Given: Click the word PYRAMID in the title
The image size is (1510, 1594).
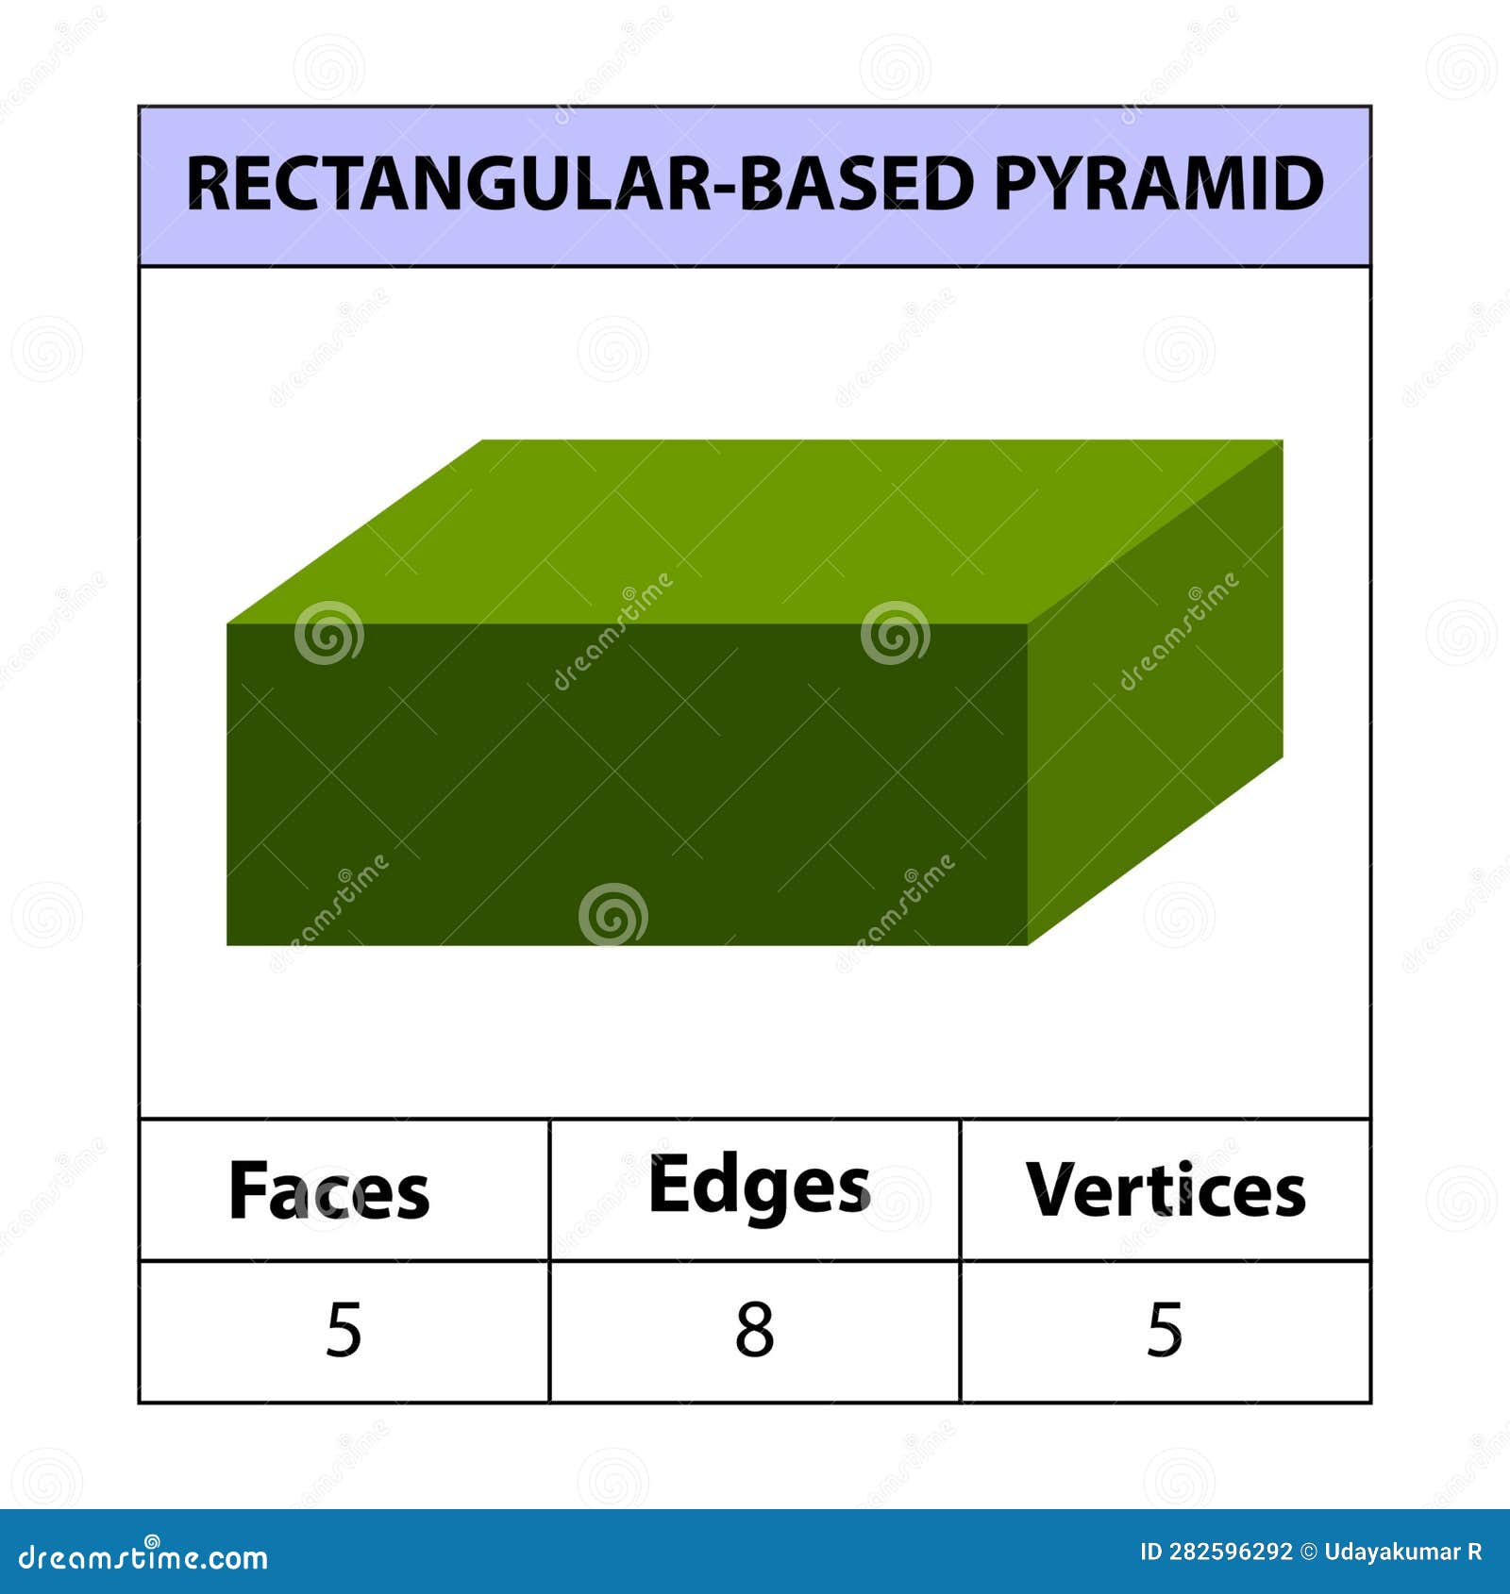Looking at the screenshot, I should pos(1159,184).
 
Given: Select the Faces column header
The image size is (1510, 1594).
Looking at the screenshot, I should pos(329,1191).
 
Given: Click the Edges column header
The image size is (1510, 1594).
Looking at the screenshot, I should pos(759,1187).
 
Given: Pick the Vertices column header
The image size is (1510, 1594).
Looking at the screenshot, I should pos(1166,1190).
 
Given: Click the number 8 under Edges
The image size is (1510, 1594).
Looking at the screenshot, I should pos(755,1331).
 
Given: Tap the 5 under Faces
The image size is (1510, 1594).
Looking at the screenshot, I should pos(344,1331).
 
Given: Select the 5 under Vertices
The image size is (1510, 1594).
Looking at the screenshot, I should pos(1165,1331).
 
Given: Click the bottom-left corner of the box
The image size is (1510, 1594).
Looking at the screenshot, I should pos(228,944).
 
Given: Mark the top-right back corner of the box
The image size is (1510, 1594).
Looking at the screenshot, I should pos(1282,441).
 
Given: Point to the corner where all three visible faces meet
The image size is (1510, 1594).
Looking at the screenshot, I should pos(1027,624).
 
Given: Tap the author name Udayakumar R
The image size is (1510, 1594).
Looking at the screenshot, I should pos(1402,1552).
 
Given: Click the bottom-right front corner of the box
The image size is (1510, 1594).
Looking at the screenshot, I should pos(1027,944).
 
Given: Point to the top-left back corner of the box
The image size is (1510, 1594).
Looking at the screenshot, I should pos(483,441).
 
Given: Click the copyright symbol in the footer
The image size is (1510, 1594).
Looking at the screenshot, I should pos(1308,1552).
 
